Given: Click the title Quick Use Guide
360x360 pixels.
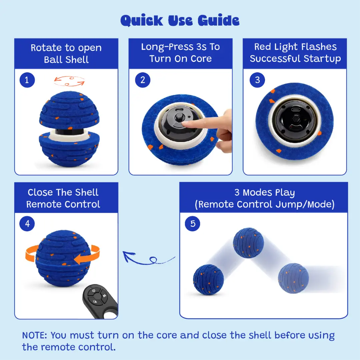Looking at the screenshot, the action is (180, 20).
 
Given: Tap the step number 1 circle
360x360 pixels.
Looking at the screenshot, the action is (27, 80).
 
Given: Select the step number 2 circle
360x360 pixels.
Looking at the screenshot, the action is (143, 80).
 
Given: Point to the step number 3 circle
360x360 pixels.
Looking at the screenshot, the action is (257, 80).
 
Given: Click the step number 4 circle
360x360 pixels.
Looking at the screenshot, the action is (27, 224).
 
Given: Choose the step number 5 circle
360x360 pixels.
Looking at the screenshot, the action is (192, 224).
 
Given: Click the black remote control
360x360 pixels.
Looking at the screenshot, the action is (100, 301).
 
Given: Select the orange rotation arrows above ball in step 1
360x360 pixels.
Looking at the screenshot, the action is (69, 81).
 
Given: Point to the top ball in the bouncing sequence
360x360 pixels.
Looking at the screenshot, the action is (248, 243).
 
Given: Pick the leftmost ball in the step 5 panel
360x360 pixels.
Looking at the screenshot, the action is (208, 279).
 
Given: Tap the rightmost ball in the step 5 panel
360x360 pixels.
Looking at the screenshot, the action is (293, 278).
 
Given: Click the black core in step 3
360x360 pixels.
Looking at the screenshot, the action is (295, 121).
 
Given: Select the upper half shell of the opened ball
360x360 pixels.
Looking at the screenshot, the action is (69, 110).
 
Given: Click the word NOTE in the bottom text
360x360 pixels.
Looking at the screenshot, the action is (34, 335).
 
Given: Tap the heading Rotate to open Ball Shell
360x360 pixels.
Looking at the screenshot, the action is (66, 53).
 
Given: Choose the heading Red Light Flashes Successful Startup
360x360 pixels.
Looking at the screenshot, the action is (295, 53).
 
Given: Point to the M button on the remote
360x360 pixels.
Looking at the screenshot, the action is (104, 296).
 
